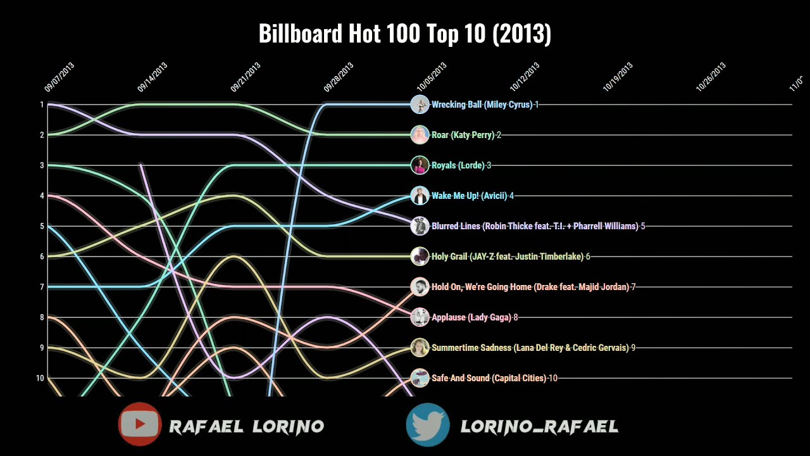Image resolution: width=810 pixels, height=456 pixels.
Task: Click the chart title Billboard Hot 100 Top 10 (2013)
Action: tap(405, 34)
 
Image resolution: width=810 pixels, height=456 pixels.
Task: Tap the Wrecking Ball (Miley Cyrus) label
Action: tap(482, 104)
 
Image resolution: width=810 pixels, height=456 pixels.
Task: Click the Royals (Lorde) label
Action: tap(458, 165)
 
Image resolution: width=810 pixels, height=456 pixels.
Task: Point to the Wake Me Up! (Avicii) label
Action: tap(469, 196)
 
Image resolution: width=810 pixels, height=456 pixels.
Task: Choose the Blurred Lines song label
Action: tap(535, 226)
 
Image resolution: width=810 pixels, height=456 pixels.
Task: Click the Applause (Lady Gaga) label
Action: tap(471, 317)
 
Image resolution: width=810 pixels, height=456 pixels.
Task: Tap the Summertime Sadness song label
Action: tap(530, 348)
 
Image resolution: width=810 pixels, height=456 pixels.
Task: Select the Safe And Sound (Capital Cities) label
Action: tap(489, 378)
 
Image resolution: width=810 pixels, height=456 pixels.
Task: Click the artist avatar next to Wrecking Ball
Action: tap(420, 104)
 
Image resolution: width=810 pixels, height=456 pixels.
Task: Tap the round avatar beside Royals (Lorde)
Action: tap(420, 165)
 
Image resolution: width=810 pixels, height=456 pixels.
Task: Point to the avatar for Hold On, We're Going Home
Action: tap(420, 287)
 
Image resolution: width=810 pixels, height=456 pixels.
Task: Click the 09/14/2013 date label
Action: tap(153, 77)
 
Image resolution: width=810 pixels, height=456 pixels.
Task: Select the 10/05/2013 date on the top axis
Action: tap(432, 77)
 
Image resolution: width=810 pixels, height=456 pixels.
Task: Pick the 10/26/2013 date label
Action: tap(711, 77)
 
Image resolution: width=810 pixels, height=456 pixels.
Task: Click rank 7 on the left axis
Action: tap(42, 287)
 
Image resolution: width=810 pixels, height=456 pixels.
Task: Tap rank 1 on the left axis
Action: tap(42, 104)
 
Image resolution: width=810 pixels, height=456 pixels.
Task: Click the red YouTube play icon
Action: tap(140, 424)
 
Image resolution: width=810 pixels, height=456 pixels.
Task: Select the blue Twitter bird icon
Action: tap(428, 424)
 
